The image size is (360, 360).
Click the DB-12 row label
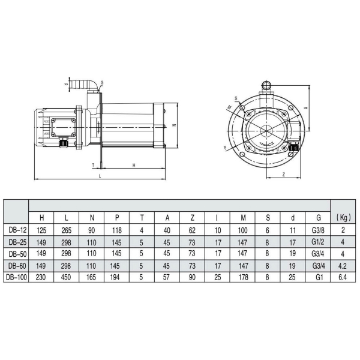[17, 230]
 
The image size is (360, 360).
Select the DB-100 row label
[17, 277]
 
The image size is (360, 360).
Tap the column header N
[92, 218]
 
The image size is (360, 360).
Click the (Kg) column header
[343, 217]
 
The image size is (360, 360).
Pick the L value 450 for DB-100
[66, 277]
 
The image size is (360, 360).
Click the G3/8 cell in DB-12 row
[318, 230]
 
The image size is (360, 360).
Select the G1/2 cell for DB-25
[318, 242]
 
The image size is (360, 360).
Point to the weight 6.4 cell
[343, 277]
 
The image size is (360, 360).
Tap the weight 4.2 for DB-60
[343, 266]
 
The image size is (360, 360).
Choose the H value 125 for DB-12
[41, 230]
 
